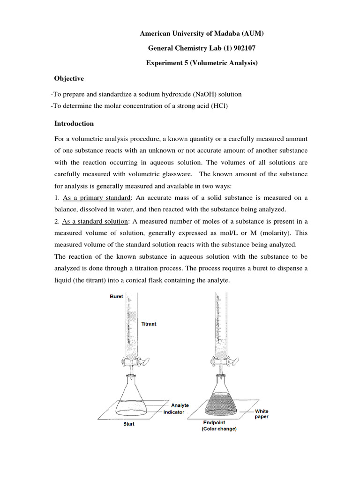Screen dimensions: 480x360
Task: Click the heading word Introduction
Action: pyautogui.click(x=74, y=124)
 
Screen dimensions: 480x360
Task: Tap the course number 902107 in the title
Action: pyautogui.click(x=240, y=48)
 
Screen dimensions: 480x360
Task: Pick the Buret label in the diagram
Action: pyautogui.click(x=116, y=297)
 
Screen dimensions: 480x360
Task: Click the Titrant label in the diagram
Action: pyautogui.click(x=149, y=324)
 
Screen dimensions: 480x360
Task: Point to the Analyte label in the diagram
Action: pyautogui.click(x=180, y=405)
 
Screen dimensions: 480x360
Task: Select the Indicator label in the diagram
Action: pyautogui.click(x=174, y=412)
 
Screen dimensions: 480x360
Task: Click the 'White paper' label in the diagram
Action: pyautogui.click(x=262, y=414)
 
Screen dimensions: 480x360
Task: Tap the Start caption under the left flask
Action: pyautogui.click(x=128, y=424)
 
